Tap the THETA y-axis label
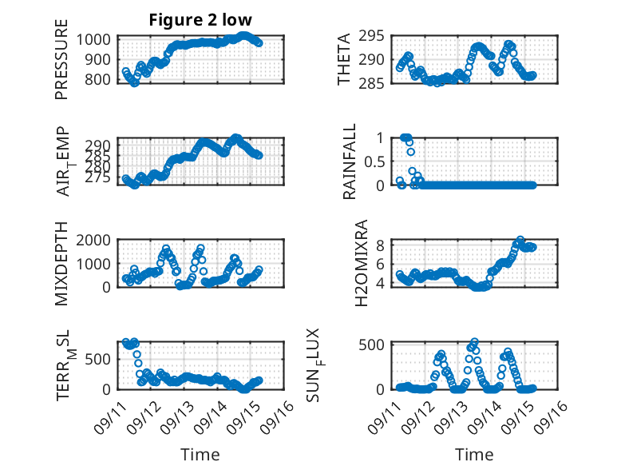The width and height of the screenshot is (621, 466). tap(344, 59)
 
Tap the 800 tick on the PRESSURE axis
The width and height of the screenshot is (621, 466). tap(100, 80)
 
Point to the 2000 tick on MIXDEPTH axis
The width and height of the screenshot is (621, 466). tap(96, 240)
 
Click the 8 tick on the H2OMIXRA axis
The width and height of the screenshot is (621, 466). tap(382, 245)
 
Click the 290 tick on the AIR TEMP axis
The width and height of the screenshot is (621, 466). tap(100, 142)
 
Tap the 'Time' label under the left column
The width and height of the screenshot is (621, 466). tap(200, 454)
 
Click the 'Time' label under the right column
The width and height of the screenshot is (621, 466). tap(474, 454)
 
